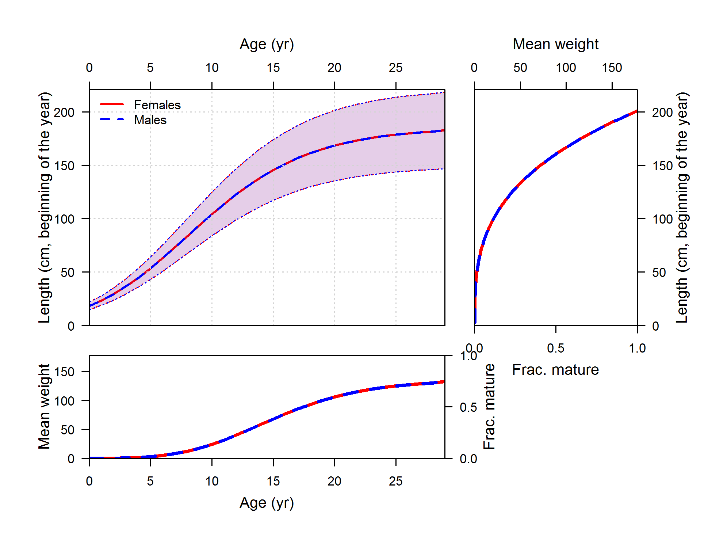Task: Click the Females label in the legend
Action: click(x=157, y=105)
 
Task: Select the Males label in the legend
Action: click(x=150, y=120)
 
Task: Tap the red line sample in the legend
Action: click(x=112, y=104)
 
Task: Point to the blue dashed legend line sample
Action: click(x=112, y=119)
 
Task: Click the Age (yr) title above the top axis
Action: click(x=267, y=45)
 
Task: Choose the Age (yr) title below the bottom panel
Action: click(x=267, y=503)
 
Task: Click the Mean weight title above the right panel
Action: click(x=555, y=44)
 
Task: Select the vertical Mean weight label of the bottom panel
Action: click(x=44, y=406)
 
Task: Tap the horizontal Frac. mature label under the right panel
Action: click(x=555, y=370)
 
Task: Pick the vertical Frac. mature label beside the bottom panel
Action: click(x=489, y=406)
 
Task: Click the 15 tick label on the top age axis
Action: click(x=273, y=68)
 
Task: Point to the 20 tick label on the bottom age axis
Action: click(x=334, y=481)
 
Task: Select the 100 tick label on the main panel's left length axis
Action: click(x=64, y=219)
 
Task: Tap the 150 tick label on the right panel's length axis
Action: click(x=662, y=166)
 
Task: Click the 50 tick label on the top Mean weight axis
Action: click(x=520, y=68)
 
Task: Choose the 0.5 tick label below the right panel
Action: click(x=555, y=348)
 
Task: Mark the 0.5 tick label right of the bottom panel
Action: click(x=468, y=407)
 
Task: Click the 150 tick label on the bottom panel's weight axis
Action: click(x=64, y=372)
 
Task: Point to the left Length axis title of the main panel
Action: click(x=45, y=208)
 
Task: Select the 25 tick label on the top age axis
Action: click(x=395, y=68)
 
